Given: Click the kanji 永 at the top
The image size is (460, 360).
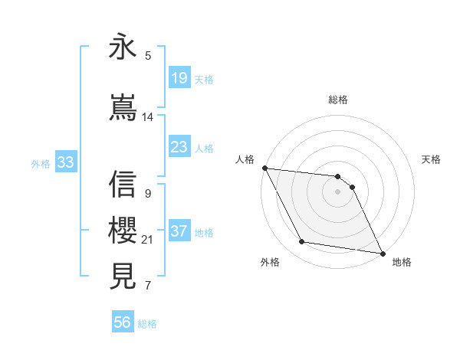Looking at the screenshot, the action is click(x=123, y=47).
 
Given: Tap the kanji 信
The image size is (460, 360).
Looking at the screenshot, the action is click(x=123, y=184).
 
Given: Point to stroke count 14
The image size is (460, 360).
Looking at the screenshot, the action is click(x=148, y=117).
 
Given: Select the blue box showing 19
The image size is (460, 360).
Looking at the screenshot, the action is click(x=179, y=78).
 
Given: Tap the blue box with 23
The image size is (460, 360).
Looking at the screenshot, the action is click(x=179, y=147).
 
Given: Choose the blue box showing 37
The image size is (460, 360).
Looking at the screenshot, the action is click(x=179, y=231).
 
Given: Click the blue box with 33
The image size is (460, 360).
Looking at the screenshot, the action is click(x=65, y=162).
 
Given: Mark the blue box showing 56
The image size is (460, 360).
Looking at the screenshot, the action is click(x=122, y=323).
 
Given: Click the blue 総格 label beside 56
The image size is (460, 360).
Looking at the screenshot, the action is click(x=147, y=324).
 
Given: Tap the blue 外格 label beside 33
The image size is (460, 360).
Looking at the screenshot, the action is click(x=41, y=163).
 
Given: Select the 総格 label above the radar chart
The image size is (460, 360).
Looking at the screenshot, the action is click(x=338, y=100).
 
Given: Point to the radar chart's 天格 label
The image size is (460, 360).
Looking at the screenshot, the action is click(x=432, y=159).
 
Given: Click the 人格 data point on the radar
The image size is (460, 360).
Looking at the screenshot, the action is click(x=264, y=168).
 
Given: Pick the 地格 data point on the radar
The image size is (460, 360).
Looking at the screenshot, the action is click(x=382, y=252).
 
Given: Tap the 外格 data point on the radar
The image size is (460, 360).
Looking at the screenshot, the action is click(x=301, y=243).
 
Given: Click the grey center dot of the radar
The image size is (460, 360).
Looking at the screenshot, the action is click(x=338, y=191).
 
